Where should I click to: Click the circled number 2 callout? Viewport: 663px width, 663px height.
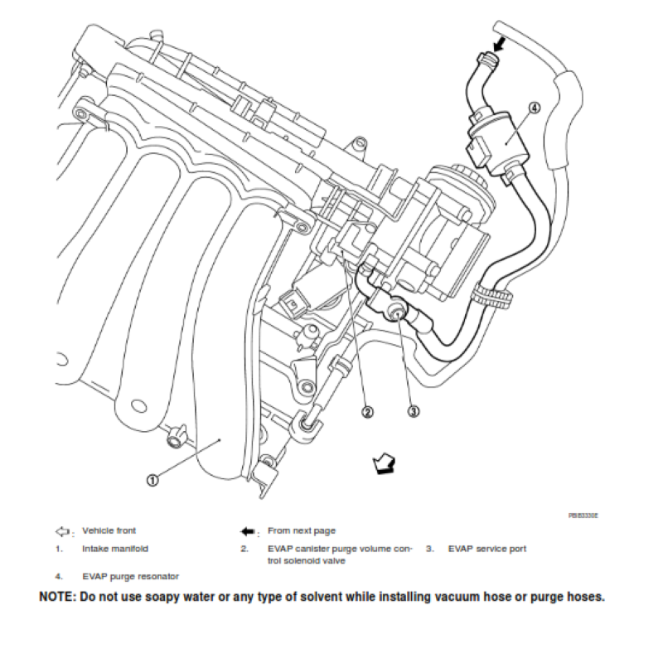(x=365, y=410)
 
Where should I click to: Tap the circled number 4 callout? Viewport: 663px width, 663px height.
(x=534, y=108)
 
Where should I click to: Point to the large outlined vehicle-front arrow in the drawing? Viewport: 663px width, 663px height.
(x=384, y=463)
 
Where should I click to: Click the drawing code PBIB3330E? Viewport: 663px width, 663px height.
(x=583, y=515)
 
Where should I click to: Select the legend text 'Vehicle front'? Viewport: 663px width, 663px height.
(x=109, y=530)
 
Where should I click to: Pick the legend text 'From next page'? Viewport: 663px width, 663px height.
(x=302, y=530)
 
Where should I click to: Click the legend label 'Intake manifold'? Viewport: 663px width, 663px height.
(x=116, y=549)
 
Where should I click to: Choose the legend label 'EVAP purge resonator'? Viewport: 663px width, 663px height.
(x=131, y=575)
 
